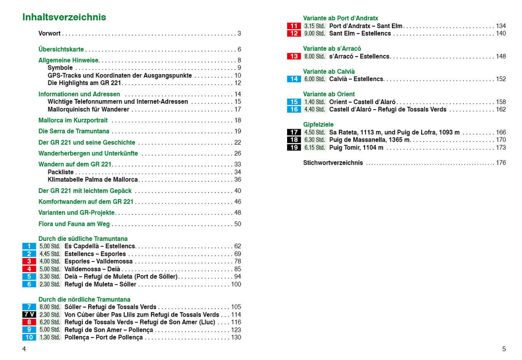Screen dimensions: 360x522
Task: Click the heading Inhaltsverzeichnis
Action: click(x=64, y=17)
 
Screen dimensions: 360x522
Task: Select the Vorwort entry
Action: click(x=50, y=33)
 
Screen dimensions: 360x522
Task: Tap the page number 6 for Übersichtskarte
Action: click(x=239, y=50)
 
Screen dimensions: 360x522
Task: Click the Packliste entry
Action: click(x=61, y=172)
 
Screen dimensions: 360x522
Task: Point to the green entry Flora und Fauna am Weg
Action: click(x=74, y=224)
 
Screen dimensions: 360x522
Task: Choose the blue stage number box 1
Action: click(x=29, y=246)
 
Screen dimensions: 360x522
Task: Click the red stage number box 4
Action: click(x=29, y=269)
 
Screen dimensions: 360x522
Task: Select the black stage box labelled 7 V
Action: click(x=29, y=315)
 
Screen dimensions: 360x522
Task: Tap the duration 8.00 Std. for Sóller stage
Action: click(x=50, y=307)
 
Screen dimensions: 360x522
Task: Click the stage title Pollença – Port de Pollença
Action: click(x=103, y=338)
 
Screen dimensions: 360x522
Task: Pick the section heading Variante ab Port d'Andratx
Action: click(x=340, y=18)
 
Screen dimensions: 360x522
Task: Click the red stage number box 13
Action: click(x=294, y=56)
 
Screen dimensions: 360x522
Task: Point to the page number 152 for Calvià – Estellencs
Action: click(x=501, y=79)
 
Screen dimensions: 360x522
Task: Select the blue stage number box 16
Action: click(x=294, y=110)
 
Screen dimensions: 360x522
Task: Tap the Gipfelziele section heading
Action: click(x=318, y=125)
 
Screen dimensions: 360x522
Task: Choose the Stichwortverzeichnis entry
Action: click(x=333, y=163)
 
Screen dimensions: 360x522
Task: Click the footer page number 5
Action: click(x=504, y=349)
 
